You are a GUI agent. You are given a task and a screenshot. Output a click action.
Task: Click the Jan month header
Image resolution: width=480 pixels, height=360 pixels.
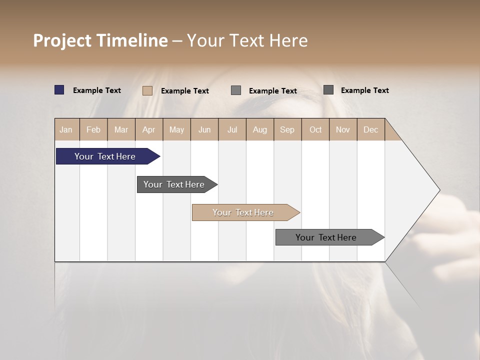click(x=66, y=129)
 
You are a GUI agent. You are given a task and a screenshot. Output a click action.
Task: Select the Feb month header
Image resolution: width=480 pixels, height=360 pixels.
click(x=93, y=129)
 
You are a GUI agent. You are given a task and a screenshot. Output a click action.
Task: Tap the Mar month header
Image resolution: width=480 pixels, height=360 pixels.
click(x=121, y=129)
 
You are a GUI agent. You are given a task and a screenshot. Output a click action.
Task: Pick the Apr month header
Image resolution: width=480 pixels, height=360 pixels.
click(x=149, y=129)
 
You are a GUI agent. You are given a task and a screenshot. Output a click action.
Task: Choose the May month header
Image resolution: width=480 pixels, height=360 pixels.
click(x=176, y=129)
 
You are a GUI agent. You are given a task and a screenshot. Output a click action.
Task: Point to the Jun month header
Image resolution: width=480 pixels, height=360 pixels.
click(x=204, y=129)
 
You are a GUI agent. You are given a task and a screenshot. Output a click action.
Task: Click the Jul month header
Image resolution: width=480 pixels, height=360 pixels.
click(x=232, y=129)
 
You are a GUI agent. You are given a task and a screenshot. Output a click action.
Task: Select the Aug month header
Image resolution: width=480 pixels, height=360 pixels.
click(x=260, y=129)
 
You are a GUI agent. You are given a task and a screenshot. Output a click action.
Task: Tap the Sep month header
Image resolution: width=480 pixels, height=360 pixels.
click(x=287, y=129)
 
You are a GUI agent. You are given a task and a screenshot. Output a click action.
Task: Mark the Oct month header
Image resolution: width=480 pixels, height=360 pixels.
click(x=315, y=129)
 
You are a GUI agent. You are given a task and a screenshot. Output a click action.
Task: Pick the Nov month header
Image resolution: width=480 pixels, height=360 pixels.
click(x=343, y=129)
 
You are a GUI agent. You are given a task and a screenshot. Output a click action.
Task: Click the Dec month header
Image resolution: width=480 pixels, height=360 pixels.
click(x=371, y=129)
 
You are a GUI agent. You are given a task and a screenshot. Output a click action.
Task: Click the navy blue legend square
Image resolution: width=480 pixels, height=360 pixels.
click(x=59, y=90)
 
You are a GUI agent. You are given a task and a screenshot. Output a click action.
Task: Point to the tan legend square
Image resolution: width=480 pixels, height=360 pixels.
click(x=147, y=90)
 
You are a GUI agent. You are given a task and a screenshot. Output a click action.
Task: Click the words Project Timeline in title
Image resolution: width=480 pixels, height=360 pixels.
click(x=100, y=40)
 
